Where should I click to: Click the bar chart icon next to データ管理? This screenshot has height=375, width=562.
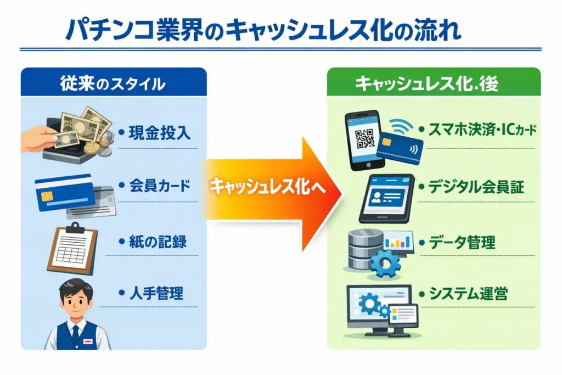398,240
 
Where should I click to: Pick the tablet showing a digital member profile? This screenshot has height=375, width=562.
389,197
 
